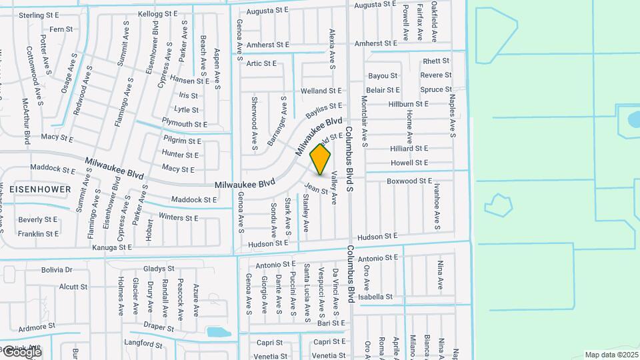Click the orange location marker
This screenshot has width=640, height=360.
(x=321, y=159)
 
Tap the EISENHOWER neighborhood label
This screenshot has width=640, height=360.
(x=40, y=189)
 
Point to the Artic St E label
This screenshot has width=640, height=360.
(x=261, y=63)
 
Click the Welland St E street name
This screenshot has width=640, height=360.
(x=321, y=91)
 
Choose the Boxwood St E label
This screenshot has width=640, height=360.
(x=410, y=181)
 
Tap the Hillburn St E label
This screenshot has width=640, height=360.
(x=408, y=105)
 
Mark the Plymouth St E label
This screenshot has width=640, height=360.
(x=185, y=124)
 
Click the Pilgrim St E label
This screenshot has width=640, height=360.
(x=181, y=141)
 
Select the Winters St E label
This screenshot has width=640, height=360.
(x=179, y=217)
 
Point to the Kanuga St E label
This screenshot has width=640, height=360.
(x=111, y=247)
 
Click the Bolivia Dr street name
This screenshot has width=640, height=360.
(x=56, y=270)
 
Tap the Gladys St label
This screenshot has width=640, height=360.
(x=159, y=269)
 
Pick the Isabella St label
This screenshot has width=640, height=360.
(x=375, y=297)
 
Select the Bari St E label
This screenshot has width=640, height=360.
(x=331, y=323)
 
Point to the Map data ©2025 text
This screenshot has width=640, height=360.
(x=611, y=355)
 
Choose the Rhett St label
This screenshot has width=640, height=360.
(x=437, y=61)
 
